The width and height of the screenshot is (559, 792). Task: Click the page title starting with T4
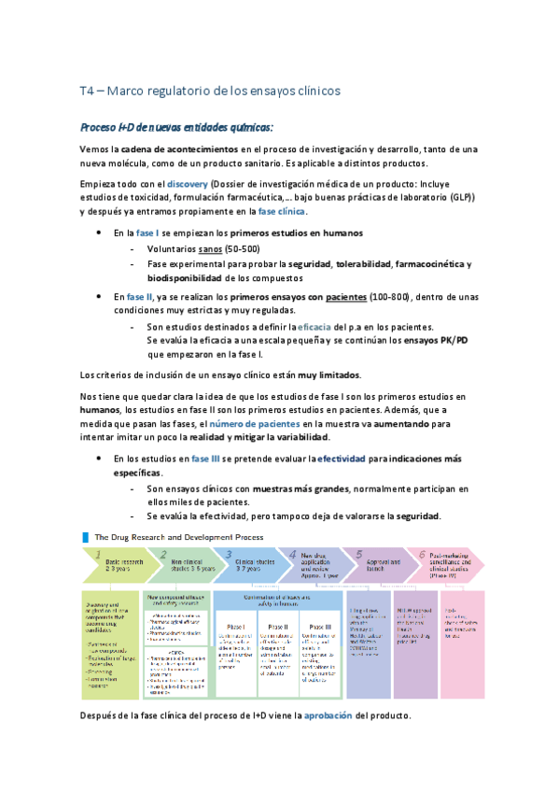coord(210,91)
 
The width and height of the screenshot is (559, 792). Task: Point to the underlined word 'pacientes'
coord(345,297)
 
